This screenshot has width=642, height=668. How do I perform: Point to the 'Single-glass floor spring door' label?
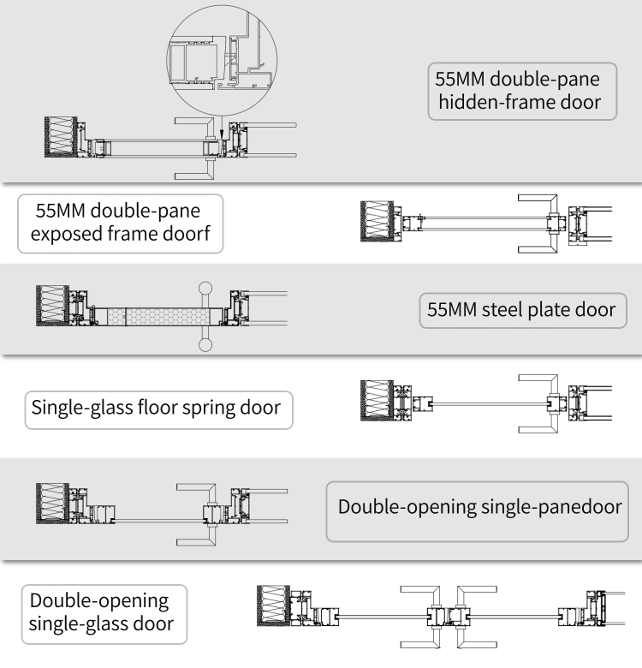click(156, 406)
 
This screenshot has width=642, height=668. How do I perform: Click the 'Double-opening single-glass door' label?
click(101, 612)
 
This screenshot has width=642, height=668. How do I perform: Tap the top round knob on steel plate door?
click(205, 287)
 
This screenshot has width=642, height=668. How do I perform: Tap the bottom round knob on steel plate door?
click(205, 346)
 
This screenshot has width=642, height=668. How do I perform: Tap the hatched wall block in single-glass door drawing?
click(274, 606)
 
